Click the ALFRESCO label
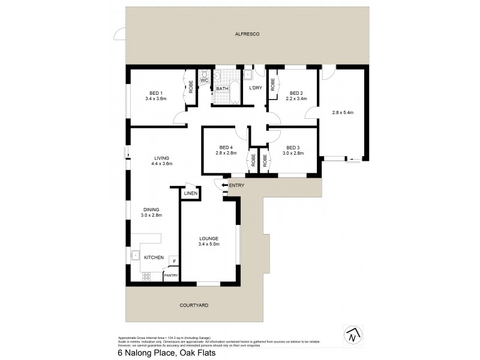(247, 36)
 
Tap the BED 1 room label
(156, 92)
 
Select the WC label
(204, 80)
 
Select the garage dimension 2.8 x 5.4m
(343, 112)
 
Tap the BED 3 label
(293, 148)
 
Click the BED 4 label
(226, 148)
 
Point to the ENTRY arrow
(224, 186)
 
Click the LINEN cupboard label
(191, 193)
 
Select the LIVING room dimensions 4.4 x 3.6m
(162, 163)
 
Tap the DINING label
(151, 209)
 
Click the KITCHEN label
(154, 257)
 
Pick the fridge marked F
(174, 261)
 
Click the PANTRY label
(172, 275)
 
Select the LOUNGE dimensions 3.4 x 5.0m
(209, 244)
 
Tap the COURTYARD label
(194, 305)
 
